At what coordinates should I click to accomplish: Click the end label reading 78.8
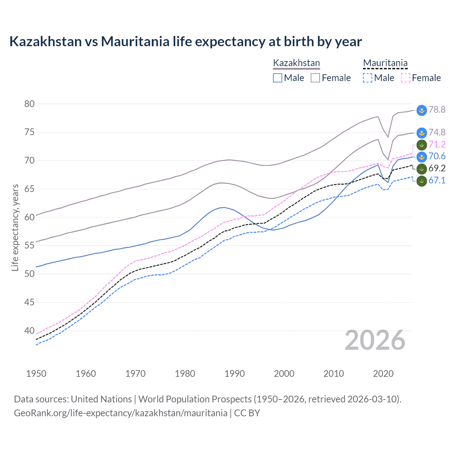point(437,109)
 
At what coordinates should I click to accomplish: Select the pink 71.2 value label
point(437,144)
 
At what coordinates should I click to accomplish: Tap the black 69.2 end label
point(437,168)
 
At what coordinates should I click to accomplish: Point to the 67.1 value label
point(437,180)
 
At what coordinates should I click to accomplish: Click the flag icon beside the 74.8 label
point(422,133)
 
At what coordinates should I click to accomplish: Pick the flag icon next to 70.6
point(422,157)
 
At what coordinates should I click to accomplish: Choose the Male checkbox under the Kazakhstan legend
point(278,78)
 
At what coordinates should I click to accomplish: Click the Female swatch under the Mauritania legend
point(406,78)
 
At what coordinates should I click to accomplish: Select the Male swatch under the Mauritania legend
point(368,78)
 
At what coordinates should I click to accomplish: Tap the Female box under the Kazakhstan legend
point(315,78)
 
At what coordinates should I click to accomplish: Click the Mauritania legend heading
point(385,63)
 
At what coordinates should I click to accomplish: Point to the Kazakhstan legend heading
point(296,63)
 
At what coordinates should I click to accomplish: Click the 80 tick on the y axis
point(29,104)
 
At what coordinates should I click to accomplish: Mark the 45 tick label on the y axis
point(29,302)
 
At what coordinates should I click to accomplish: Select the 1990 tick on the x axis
point(235,374)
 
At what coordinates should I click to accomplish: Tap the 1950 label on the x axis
point(36,374)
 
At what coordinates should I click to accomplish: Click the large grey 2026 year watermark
point(375,340)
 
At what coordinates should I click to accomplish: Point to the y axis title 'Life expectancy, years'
point(15,227)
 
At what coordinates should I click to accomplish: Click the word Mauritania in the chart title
point(135,42)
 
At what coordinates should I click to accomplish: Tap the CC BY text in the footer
point(247,413)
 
